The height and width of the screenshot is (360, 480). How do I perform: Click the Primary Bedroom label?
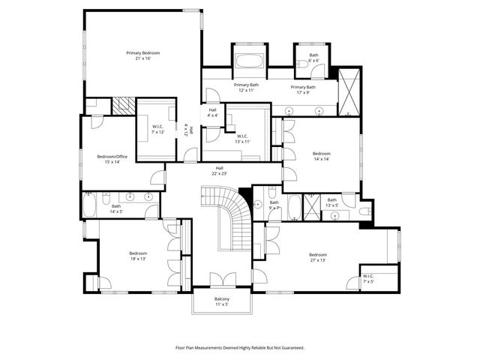[142, 56]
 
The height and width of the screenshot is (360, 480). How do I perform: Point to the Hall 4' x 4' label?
[213, 112]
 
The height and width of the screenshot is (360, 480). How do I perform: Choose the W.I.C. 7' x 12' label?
[157, 129]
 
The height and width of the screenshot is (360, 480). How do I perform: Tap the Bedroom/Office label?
[112, 159]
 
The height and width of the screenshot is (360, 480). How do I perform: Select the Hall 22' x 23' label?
[220, 170]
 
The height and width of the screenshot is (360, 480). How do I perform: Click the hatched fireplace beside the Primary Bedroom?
[122, 106]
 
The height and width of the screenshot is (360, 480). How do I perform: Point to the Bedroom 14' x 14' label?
[321, 156]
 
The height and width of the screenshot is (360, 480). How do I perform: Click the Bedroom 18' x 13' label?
[137, 256]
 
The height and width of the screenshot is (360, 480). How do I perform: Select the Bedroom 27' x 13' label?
[317, 257]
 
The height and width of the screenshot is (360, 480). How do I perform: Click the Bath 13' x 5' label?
[332, 202]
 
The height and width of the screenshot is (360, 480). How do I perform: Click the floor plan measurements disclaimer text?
[239, 347]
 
